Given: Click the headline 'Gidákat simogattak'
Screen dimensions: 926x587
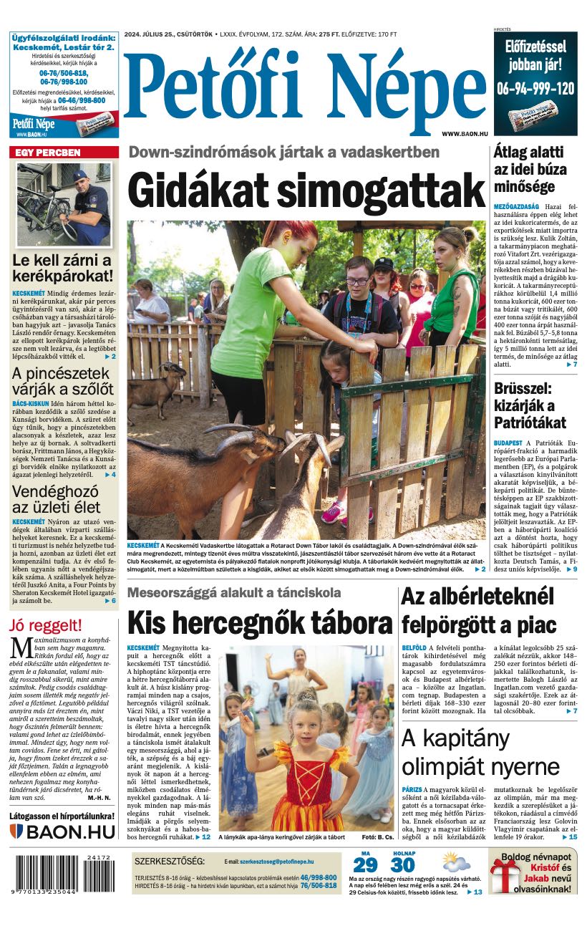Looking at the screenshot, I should tap(306, 190).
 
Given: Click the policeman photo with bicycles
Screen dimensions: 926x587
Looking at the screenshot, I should tap(63, 203).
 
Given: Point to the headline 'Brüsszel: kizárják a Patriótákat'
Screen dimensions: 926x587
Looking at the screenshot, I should tap(530, 405).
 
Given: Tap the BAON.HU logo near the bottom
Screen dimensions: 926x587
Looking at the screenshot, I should tap(62, 831).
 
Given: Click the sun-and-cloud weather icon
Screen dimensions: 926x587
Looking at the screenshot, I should tap(455, 862).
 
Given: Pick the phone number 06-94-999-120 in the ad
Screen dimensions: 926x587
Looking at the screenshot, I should tap(535, 88).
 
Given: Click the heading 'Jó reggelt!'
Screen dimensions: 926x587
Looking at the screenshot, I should tap(46, 625).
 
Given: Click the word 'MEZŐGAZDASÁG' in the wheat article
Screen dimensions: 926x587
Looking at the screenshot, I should tap(516, 206).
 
